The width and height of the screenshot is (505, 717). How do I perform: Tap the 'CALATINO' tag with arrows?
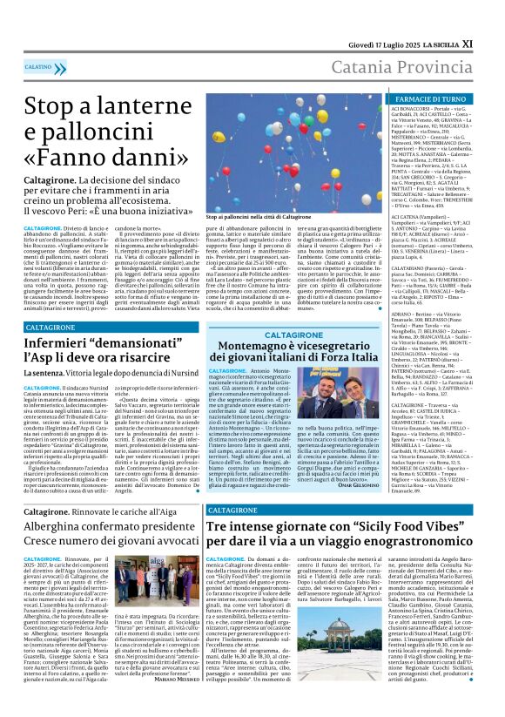pyautogui.click(x=38, y=66)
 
